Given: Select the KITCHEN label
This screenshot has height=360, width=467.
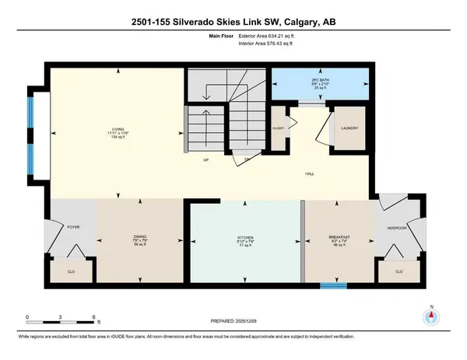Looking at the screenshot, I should (x=246, y=236).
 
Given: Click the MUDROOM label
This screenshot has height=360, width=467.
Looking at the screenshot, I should (x=397, y=229).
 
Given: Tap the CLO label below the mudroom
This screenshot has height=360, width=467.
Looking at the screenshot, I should (x=399, y=272).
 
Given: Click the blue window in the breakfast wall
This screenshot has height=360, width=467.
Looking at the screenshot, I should (x=333, y=285).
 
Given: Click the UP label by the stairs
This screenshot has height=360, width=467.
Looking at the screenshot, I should (x=205, y=162).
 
